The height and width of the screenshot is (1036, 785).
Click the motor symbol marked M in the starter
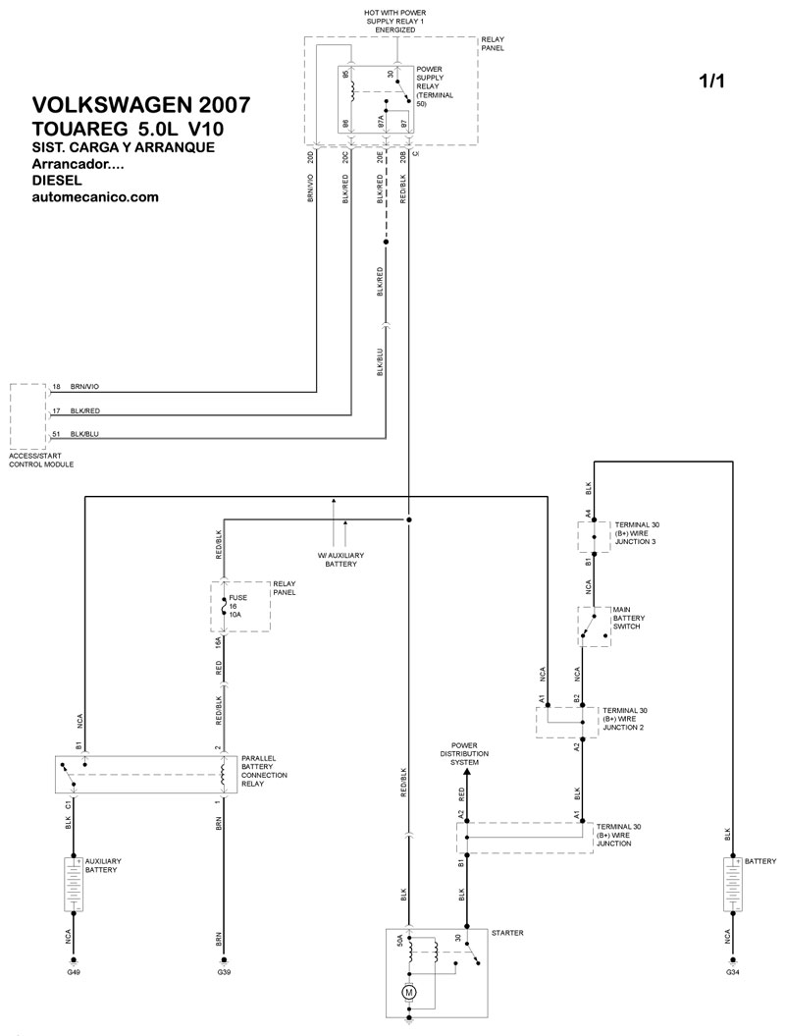408,993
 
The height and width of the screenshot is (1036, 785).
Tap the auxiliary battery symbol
74,884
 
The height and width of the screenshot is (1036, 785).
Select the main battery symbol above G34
732,884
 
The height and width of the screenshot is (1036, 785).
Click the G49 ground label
74,972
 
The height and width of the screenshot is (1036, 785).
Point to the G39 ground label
224,972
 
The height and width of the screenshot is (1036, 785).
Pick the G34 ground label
732,972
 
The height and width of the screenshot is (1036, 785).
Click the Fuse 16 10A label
237,606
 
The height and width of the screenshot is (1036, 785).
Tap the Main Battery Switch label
628,618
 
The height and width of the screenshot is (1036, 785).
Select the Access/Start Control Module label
41,461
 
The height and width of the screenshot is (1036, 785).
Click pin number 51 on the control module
56,434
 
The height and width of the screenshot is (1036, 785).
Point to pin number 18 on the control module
56,387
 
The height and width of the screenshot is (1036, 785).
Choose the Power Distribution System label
465,754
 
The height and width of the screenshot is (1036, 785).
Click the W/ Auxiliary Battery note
340,560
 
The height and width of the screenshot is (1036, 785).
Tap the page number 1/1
711,81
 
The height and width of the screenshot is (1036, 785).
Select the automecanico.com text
95,197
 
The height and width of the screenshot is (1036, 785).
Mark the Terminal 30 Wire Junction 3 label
637,533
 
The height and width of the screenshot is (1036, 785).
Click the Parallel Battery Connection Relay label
264,771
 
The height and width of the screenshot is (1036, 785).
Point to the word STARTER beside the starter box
507,933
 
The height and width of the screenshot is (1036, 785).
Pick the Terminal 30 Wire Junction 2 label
625,719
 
